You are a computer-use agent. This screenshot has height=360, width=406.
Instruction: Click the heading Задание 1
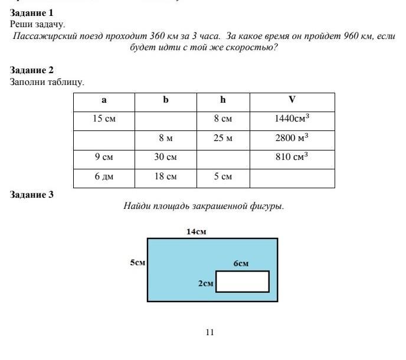31,12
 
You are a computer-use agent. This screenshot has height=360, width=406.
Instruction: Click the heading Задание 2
31,70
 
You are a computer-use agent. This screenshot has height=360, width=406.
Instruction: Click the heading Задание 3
31,194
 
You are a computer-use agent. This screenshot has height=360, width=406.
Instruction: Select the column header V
292,100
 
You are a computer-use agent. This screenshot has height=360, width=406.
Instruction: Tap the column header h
222,100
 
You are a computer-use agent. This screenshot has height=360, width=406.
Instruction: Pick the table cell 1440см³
292,119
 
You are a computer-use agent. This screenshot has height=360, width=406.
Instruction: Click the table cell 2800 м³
292,138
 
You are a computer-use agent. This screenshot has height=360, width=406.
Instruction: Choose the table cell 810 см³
292,158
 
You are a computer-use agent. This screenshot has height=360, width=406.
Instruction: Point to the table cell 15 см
104,119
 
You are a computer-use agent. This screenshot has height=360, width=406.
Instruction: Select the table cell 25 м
222,138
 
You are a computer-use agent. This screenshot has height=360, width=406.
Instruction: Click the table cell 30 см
166,158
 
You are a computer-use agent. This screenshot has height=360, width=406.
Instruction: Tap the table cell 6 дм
104,177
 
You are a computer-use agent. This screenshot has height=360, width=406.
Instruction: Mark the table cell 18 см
166,177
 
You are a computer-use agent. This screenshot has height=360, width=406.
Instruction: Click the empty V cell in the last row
292,178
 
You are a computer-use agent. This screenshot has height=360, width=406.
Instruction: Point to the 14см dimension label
197,232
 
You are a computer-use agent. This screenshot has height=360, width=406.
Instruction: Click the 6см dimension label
241,264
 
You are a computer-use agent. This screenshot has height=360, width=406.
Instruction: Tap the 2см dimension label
205,283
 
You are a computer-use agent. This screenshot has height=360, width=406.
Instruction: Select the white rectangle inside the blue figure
243,282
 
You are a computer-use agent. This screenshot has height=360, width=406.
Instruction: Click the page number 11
209,332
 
